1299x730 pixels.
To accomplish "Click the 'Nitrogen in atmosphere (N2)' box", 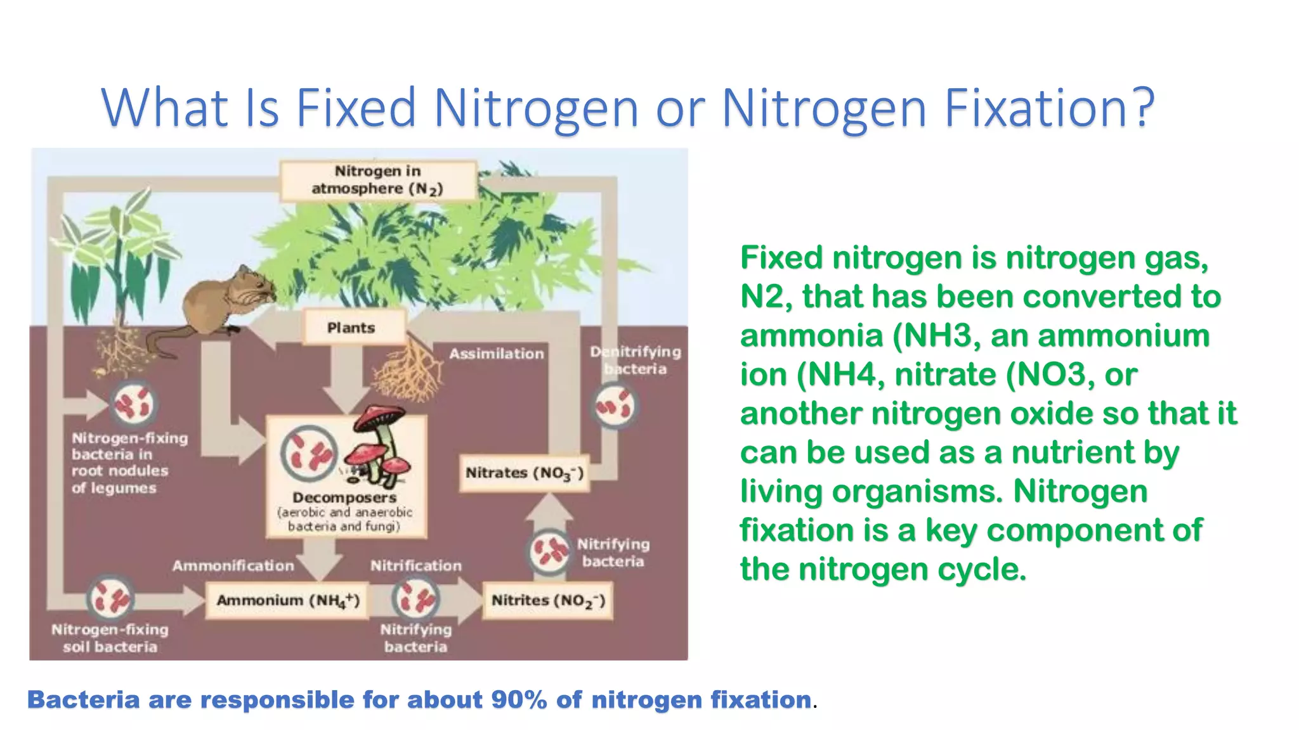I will pos(378,181).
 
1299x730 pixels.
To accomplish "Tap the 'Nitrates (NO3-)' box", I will pos(524,473).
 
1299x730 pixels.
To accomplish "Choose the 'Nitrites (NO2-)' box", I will pos(548,600).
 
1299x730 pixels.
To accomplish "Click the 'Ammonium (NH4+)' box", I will pos(288,600).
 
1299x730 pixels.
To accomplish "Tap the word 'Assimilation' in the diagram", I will pos(497,354).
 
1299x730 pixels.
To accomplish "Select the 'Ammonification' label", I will pos(233,565).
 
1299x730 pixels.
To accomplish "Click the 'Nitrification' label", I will pos(416,565).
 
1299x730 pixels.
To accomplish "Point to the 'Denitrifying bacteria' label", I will pos(636,360).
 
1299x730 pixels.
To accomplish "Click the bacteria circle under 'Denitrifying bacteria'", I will pos(614,406).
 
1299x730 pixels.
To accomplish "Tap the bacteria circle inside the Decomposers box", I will pos(309,454).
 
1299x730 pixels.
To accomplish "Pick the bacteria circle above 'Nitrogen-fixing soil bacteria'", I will pos(110,598).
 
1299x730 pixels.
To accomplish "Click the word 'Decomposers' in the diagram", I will pos(344,497).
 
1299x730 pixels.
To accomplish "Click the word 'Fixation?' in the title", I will pos(1049,108).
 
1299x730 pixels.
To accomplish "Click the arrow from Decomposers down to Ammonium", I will pos(320,558).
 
